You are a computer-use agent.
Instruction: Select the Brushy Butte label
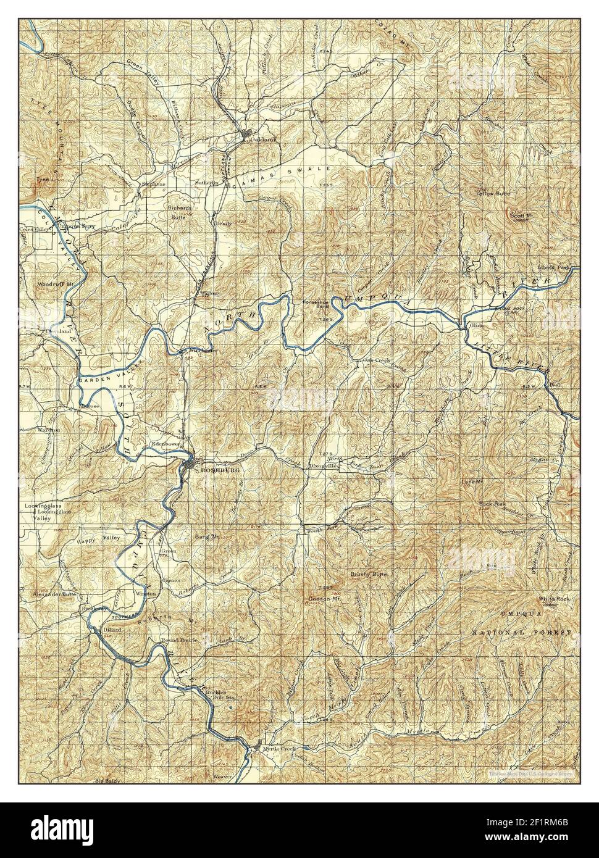(369, 574)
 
